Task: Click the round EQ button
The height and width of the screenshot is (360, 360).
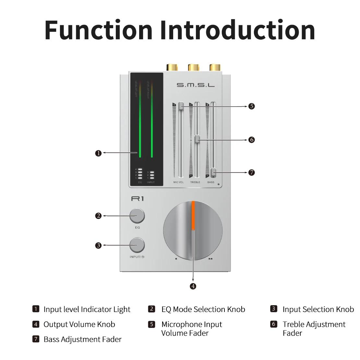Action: click(137, 216)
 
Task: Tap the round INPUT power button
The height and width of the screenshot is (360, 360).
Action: click(137, 245)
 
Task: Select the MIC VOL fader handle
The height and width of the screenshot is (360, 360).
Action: click(181, 106)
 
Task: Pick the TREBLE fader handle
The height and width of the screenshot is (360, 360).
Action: click(197, 139)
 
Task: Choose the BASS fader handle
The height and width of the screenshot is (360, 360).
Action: click(213, 172)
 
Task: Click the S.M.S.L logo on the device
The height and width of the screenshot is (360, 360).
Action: click(196, 85)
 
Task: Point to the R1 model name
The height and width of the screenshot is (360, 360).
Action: click(137, 198)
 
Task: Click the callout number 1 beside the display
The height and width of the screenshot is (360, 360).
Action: click(99, 153)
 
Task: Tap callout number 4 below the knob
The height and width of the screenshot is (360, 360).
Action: click(193, 286)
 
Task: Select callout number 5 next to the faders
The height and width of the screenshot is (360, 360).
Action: click(251, 106)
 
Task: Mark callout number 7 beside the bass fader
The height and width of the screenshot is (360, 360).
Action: click(251, 173)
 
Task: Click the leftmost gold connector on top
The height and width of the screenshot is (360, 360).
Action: click(172, 67)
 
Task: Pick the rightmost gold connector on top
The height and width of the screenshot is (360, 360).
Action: click(215, 67)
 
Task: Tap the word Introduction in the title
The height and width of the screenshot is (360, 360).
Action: click(237, 30)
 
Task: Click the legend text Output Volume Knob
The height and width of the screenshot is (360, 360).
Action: click(79, 324)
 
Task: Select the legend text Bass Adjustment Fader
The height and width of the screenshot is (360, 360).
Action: click(82, 339)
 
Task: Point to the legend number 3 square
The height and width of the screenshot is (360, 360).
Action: click(273, 309)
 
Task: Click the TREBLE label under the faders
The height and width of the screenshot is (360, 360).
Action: click(195, 182)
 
